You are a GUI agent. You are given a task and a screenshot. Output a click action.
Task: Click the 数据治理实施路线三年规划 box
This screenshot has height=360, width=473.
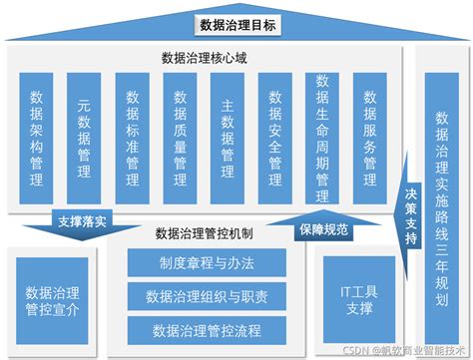[441, 189]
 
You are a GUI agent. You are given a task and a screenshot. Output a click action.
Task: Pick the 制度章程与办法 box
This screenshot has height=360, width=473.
[207, 264]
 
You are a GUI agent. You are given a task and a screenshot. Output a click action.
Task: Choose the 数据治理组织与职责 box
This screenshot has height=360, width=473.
[207, 296]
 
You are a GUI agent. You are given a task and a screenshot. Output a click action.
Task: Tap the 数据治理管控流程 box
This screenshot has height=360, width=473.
[207, 329]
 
